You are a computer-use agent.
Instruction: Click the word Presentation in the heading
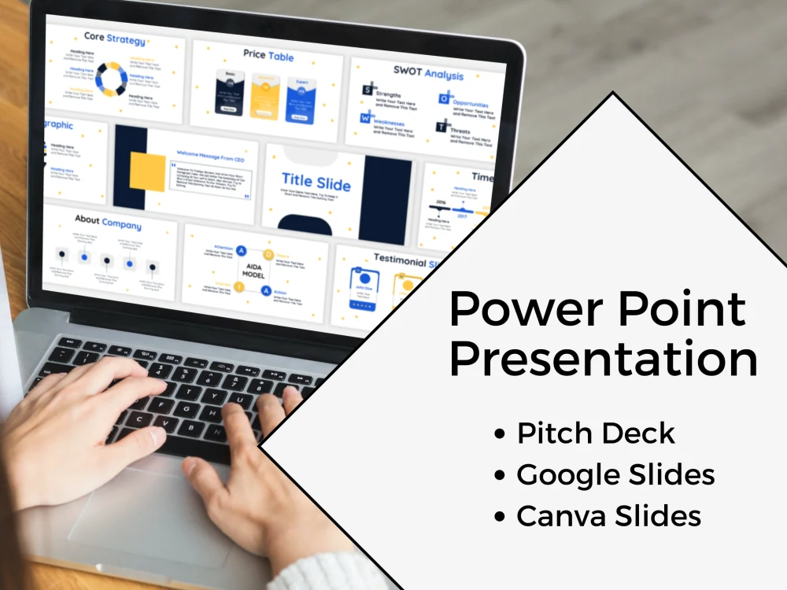point(603,359)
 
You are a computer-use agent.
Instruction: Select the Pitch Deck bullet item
point(596,433)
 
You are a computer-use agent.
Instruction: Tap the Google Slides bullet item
point(615,475)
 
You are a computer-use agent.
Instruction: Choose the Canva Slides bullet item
point(608,517)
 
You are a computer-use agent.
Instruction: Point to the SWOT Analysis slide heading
point(428,73)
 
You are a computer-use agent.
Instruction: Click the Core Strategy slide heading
point(115,39)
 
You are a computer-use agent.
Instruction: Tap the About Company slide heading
point(108,223)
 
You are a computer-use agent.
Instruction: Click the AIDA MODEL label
point(253,269)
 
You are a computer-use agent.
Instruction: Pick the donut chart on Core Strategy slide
point(111,79)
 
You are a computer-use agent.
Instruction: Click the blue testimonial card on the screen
point(364,291)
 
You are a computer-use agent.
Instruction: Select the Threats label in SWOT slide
point(460,131)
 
